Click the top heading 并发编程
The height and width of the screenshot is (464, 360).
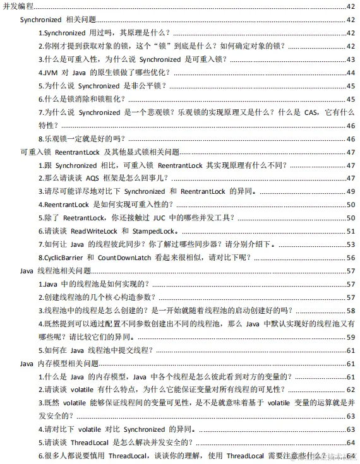[x=18, y=6]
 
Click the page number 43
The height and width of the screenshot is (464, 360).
[x=351, y=59]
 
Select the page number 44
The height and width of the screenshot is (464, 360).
[x=351, y=73]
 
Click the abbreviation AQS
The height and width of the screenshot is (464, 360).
[x=90, y=179]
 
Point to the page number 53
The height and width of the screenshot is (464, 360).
[x=351, y=244]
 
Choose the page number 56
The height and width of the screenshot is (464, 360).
[x=351, y=258]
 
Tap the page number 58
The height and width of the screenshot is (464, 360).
[x=351, y=311]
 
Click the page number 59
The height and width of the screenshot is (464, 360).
[x=351, y=337]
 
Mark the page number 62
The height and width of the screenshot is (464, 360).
[x=351, y=390]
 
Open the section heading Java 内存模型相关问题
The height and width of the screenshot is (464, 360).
[x=60, y=364]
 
